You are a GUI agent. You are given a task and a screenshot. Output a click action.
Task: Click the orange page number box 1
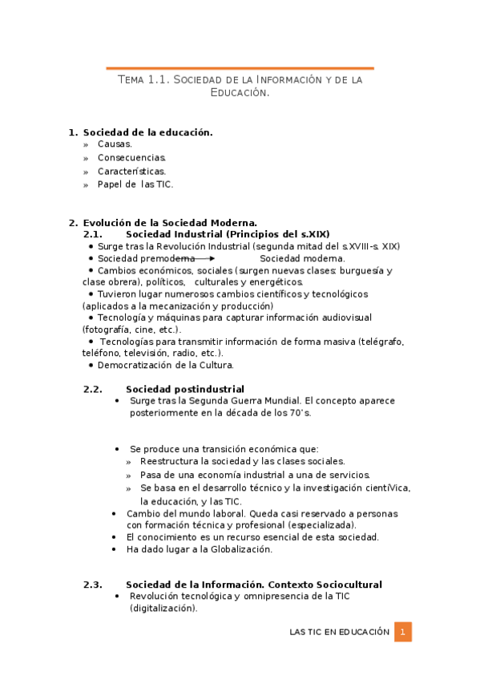(x=402, y=632)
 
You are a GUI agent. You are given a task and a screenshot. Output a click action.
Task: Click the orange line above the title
(x=240, y=68)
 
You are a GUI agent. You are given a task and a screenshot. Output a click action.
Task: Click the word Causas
(x=115, y=144)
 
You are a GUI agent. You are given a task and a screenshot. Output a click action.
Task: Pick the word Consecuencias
(x=131, y=158)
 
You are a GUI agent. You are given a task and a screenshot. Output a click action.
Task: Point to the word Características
(x=131, y=171)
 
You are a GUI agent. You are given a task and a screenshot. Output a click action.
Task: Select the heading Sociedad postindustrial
(x=185, y=389)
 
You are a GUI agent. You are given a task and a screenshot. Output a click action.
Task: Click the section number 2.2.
(x=93, y=389)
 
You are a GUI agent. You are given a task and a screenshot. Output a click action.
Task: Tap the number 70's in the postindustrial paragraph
(x=298, y=412)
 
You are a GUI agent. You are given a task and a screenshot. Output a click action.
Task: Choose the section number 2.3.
(x=93, y=585)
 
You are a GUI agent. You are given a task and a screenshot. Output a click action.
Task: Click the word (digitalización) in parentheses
(x=163, y=609)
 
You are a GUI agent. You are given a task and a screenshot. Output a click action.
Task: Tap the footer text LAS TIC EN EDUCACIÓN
(x=339, y=632)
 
